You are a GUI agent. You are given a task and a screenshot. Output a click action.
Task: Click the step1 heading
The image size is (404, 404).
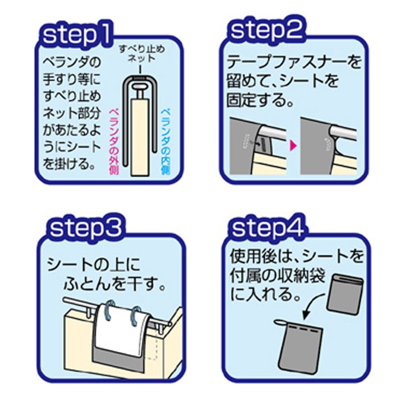coord(76,35)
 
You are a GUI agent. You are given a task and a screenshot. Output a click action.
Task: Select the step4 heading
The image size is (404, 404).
coord(268,228)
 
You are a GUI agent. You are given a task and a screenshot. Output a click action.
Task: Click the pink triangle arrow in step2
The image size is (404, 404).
coord(292,146)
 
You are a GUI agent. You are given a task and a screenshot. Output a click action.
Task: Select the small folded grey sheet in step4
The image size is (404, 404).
coord(345,295)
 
